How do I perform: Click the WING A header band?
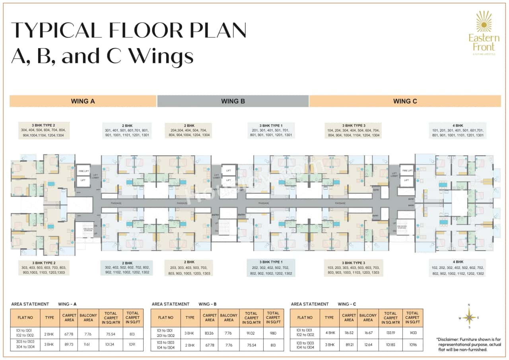(83, 101)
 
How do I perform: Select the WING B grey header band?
(233, 101)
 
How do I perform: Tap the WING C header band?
(405, 101)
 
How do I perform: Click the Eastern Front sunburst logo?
(484, 21)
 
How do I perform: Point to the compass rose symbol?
(469, 317)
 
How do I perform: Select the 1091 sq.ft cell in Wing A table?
(133, 344)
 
